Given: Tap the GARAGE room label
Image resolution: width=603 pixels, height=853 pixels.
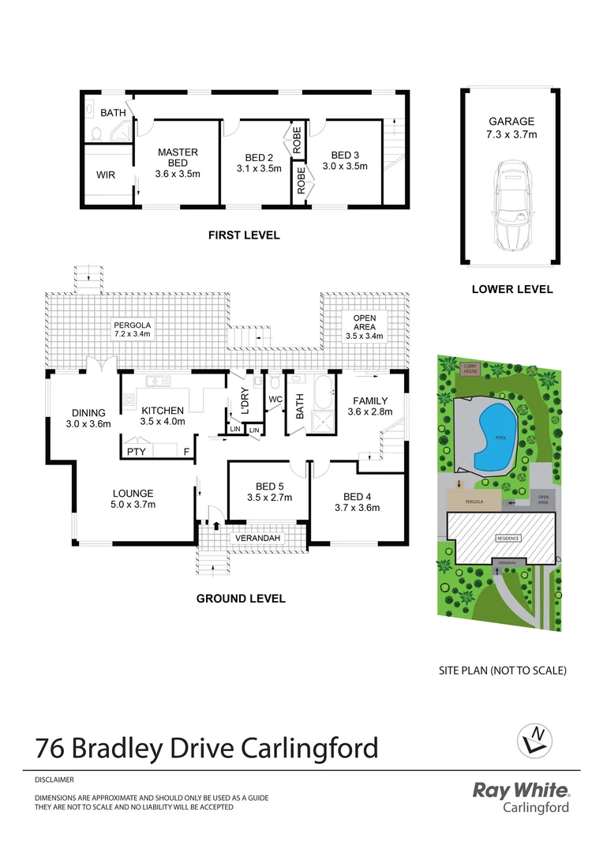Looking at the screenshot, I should tap(511, 122).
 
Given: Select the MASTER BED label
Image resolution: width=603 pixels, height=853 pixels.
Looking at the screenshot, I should tap(178, 157).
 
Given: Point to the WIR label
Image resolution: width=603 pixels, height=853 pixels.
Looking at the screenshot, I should tap(107, 175).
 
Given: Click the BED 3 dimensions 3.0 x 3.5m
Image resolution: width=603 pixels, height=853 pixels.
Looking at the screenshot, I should tap(345, 167).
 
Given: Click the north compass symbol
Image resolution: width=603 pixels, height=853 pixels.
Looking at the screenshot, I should tap(535, 740).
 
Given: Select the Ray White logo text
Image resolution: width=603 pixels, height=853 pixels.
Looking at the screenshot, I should tap(520, 790).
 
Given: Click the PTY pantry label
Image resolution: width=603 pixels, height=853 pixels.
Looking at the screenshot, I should tap(135, 452).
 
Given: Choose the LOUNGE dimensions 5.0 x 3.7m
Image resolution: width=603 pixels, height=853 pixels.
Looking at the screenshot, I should tap(133, 505).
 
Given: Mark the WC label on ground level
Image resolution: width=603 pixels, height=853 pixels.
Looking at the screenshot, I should tap(275, 400).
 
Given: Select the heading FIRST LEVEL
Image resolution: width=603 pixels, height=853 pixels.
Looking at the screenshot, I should tap(244, 235).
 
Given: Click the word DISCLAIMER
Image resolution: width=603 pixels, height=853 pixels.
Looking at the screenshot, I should tap(54, 779).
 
